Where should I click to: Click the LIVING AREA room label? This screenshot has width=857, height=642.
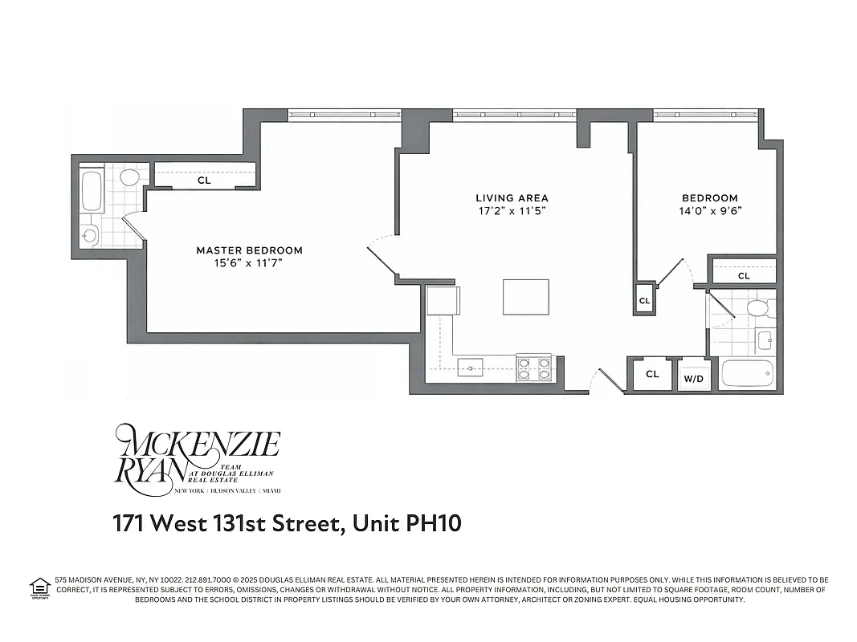coord(512,198)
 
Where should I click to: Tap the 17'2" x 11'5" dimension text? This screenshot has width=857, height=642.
coord(512,212)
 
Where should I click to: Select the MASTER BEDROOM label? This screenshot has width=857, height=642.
coord(250,250)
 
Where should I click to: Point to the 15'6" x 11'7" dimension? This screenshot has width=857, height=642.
coord(250,263)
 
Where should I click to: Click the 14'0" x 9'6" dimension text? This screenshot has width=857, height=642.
coord(709,212)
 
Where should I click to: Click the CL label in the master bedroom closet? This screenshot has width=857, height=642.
coord(204,181)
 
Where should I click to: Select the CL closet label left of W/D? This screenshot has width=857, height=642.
coord(652,374)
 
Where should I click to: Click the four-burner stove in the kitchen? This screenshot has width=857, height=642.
coord(533,368)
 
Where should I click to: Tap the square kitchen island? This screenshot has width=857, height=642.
coord(526,297)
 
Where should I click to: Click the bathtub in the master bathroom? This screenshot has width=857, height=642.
coord(92,190)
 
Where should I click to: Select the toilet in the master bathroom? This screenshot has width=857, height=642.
coord(129,177)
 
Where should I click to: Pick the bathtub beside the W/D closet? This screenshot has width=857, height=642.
coord(746,374)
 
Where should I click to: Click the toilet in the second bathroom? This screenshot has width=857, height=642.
coord(757,308)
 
